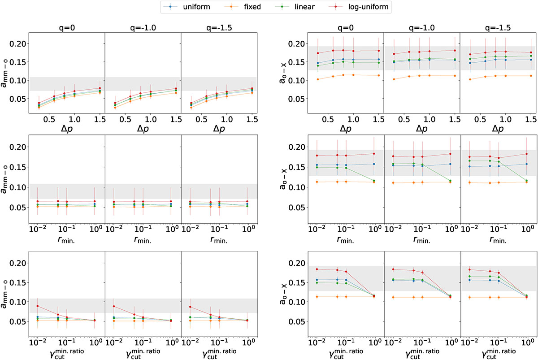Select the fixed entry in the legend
coord(235,7)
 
